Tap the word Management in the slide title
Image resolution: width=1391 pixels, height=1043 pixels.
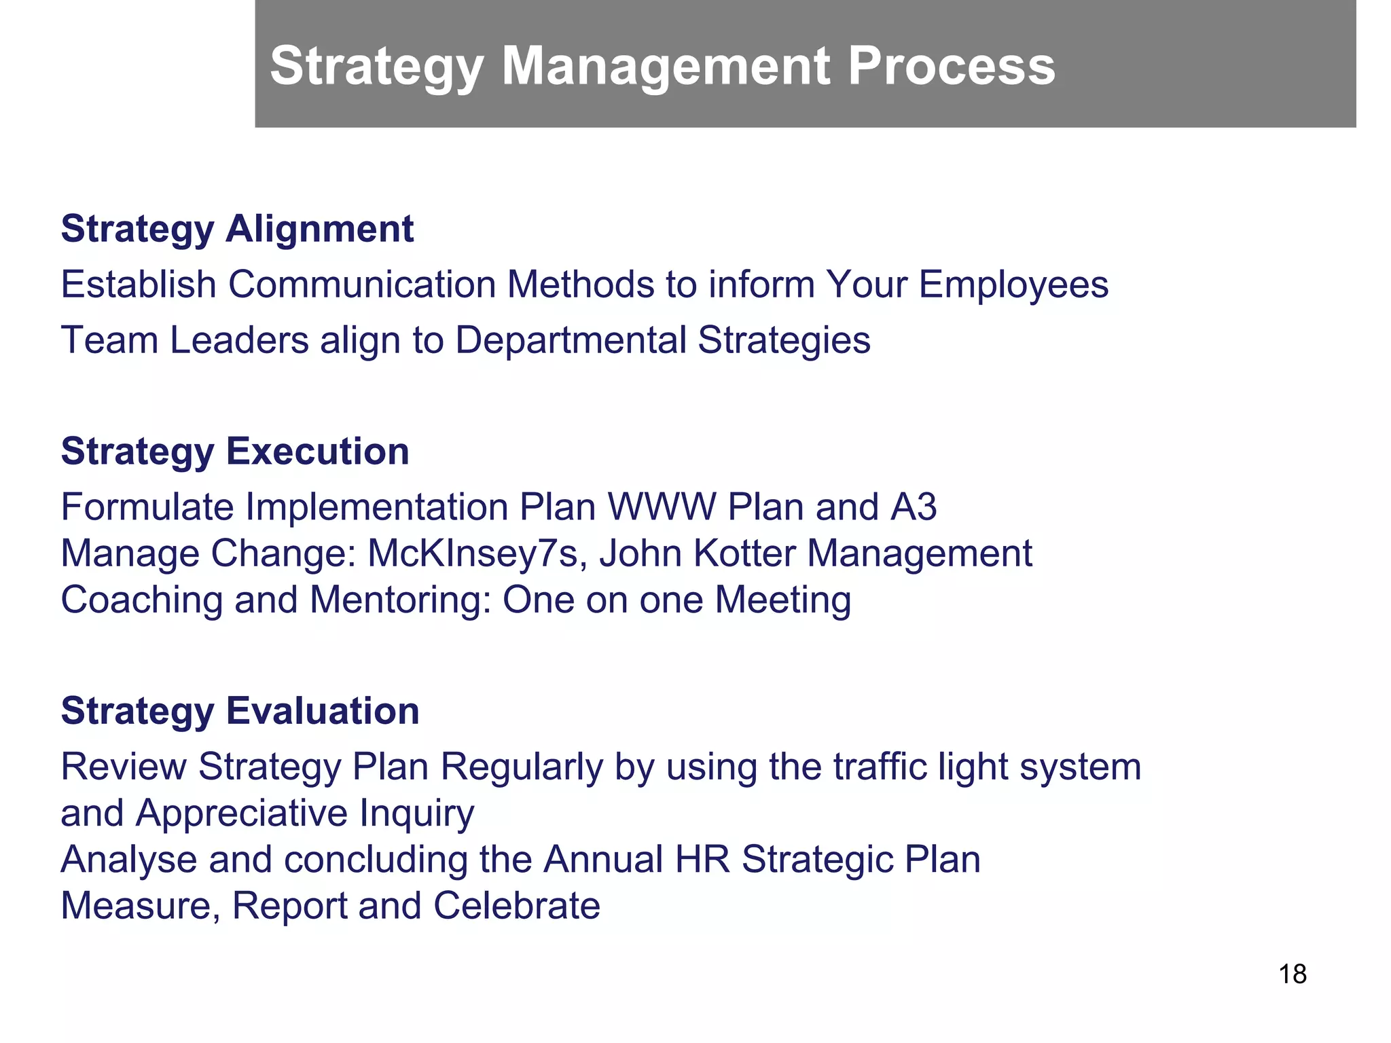pyautogui.click(x=666, y=66)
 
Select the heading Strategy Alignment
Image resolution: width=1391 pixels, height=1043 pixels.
pyautogui.click(x=237, y=229)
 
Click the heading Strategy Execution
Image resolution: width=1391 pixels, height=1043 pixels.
pyautogui.click(x=235, y=452)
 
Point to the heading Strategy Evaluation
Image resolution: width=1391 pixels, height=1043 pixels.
pyautogui.click(x=240, y=711)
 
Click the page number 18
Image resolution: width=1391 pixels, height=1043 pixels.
pyautogui.click(x=1292, y=974)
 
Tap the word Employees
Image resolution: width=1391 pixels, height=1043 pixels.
pyautogui.click(x=1013, y=285)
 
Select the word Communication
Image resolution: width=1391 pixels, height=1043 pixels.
pyautogui.click(x=362, y=285)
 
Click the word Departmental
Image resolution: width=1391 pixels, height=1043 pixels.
pyautogui.click(x=570, y=340)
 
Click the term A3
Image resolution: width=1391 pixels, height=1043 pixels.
pyautogui.click(x=912, y=507)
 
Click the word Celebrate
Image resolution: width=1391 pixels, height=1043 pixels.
pyautogui.click(x=516, y=906)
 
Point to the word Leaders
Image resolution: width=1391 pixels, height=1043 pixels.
pyautogui.click(x=239, y=340)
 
